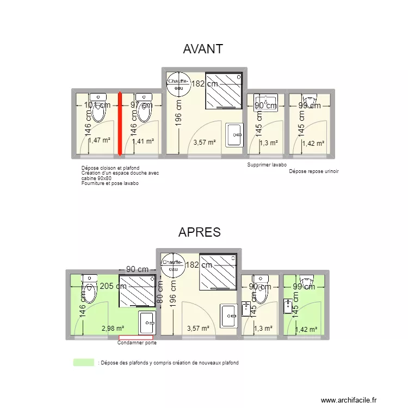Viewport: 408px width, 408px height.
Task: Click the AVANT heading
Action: (x=203, y=49)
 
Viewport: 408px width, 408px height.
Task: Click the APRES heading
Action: (x=199, y=232)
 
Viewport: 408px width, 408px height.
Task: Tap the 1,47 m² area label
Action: (x=99, y=140)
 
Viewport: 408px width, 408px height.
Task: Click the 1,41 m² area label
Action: (x=143, y=141)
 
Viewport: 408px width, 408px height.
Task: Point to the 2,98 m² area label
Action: (x=113, y=328)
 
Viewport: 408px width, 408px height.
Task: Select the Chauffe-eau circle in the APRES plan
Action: (x=172, y=265)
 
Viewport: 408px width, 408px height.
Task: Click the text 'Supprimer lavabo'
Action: (x=267, y=165)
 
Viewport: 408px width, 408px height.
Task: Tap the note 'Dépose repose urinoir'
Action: (x=314, y=171)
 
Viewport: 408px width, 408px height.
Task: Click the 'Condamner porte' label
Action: (x=137, y=343)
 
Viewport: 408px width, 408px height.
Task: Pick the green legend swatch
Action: (x=83, y=362)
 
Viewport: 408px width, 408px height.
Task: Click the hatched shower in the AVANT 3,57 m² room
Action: (x=223, y=90)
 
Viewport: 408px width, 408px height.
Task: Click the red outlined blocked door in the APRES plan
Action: (x=136, y=337)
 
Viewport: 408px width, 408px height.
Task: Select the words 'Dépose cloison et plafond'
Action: (x=110, y=168)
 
